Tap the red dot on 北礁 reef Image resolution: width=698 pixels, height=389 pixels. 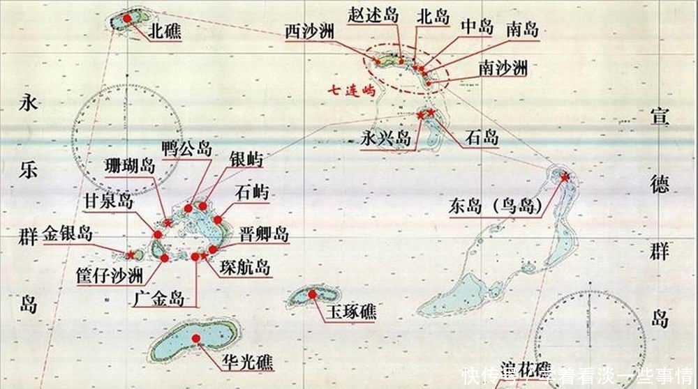tap(127, 18)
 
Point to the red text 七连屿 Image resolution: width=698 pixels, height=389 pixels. tap(354, 90)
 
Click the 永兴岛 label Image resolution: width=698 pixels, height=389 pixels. tap(386, 139)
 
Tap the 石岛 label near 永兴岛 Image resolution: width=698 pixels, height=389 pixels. tap(482, 137)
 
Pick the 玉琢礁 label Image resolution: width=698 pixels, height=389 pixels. tap(349, 311)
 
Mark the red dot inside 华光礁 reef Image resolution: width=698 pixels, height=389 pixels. tap(196, 340)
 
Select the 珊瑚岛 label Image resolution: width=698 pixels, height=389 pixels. tap(129, 166)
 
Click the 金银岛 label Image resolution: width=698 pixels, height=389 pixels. tap(67, 233)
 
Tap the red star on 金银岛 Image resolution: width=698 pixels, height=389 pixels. tap(130, 255)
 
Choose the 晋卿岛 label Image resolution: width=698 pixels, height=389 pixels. tap(263, 234)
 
